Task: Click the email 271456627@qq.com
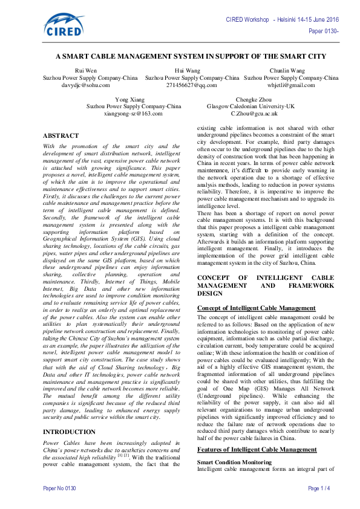tap(192, 85)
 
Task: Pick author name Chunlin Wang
tap(291, 71)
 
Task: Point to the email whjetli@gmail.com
tap(291, 85)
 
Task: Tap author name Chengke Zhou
tap(254, 99)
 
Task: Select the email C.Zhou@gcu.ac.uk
tap(254, 113)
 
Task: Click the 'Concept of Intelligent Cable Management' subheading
tap(257, 308)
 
